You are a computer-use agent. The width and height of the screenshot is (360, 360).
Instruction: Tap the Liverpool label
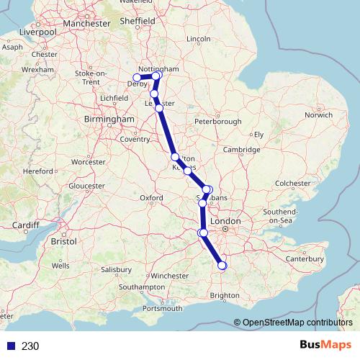(x=38, y=32)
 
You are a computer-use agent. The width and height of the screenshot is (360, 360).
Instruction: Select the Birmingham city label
(x=109, y=119)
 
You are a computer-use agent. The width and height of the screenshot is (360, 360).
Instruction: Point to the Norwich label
(x=318, y=114)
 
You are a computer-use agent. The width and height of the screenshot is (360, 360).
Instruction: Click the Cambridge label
(x=240, y=150)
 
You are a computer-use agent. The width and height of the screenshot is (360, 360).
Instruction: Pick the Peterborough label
(x=217, y=122)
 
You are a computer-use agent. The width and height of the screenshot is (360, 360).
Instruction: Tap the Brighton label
(x=225, y=295)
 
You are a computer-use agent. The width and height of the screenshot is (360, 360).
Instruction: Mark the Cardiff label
(x=25, y=225)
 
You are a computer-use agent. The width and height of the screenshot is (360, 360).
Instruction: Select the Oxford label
(x=151, y=197)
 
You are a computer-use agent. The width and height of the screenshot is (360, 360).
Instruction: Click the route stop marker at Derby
(x=137, y=78)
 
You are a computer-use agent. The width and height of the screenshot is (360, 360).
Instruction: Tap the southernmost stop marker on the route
(x=222, y=266)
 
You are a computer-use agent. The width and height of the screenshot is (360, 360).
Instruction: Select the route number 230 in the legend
(x=30, y=346)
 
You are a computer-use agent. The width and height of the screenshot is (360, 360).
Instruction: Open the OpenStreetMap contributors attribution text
(x=297, y=323)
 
